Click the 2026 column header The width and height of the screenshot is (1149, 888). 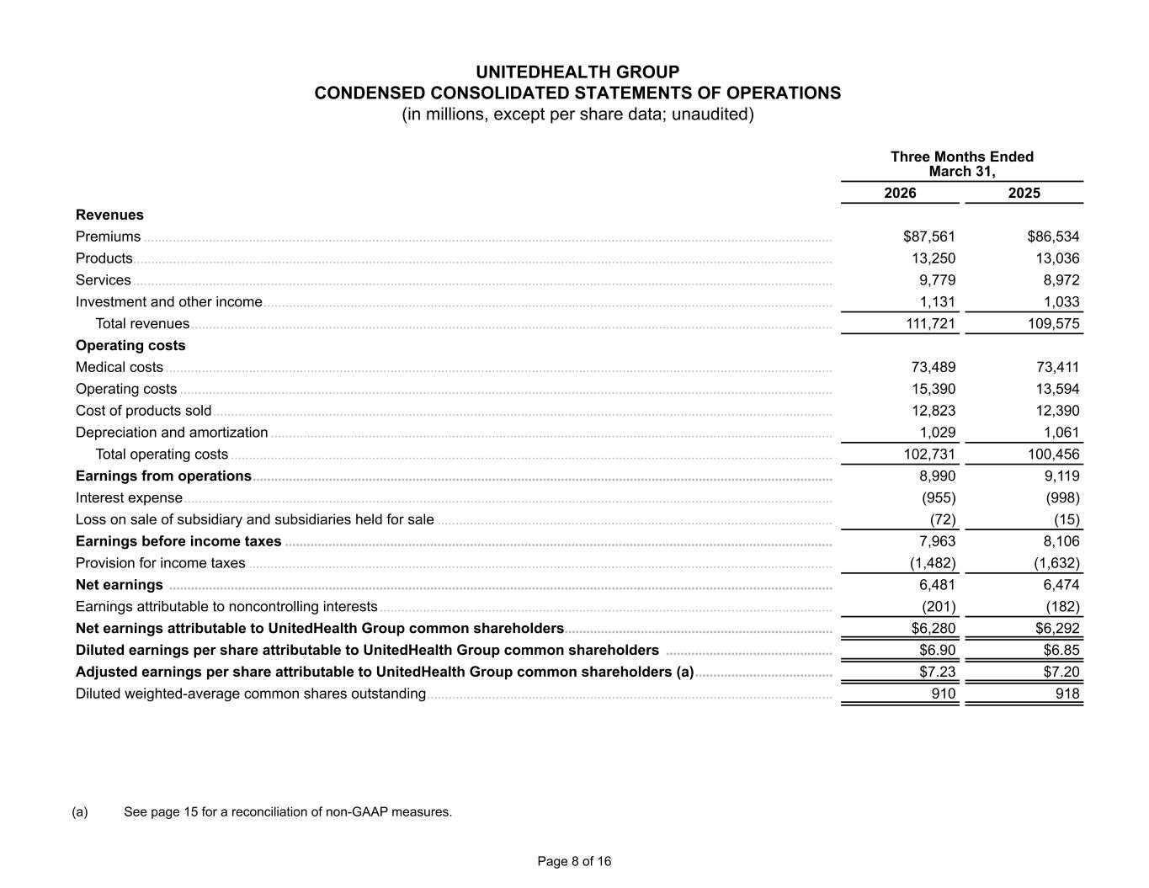[x=900, y=193]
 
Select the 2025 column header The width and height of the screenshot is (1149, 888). [x=1024, y=193]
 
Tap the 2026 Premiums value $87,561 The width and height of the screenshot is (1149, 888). [x=928, y=237]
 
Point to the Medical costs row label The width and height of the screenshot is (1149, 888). [x=120, y=367]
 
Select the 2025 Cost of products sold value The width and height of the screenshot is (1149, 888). [x=1056, y=411]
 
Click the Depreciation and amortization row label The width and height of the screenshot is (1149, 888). [x=172, y=433]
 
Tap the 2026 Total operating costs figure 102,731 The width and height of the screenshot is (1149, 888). [x=927, y=455]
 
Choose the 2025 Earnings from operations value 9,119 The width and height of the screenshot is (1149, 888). [x=1060, y=476]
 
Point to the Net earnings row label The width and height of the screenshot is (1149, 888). [x=120, y=585]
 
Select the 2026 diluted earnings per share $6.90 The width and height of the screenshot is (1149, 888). [x=937, y=651]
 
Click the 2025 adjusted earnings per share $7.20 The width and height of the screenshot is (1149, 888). [x=1061, y=673]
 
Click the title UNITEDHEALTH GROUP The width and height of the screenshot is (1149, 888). [x=577, y=72]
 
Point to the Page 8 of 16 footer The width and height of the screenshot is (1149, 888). [x=574, y=861]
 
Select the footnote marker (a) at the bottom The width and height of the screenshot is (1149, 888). [x=80, y=812]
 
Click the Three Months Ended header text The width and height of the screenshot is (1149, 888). [x=961, y=157]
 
